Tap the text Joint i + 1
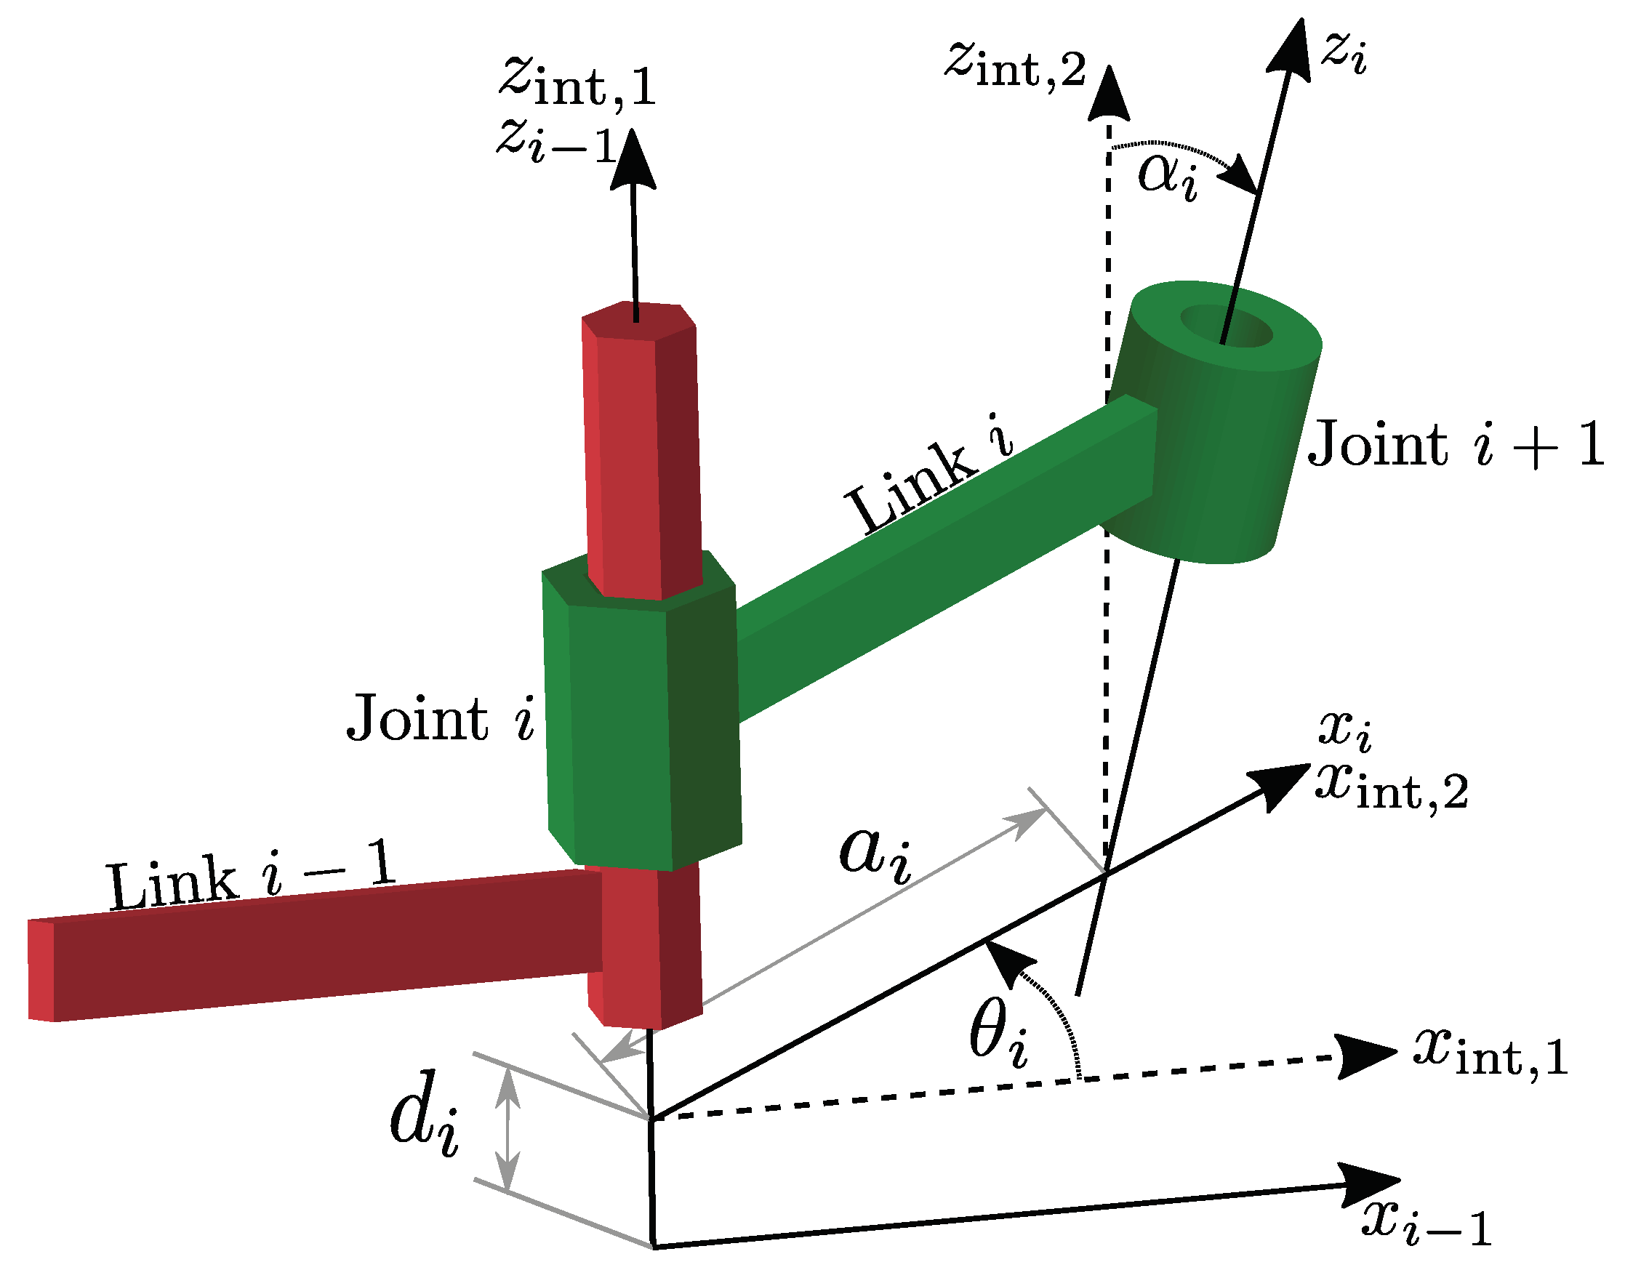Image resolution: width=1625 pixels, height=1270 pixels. (x=1455, y=446)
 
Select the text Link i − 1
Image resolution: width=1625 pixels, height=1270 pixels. (x=249, y=878)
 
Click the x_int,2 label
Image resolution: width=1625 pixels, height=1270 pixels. (x=1392, y=789)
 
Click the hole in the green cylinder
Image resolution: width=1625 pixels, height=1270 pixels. (x=1226, y=325)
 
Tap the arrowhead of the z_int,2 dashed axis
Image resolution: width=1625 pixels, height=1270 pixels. (x=1109, y=93)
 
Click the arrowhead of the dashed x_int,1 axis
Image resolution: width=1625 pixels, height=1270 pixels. (x=1366, y=1055)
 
